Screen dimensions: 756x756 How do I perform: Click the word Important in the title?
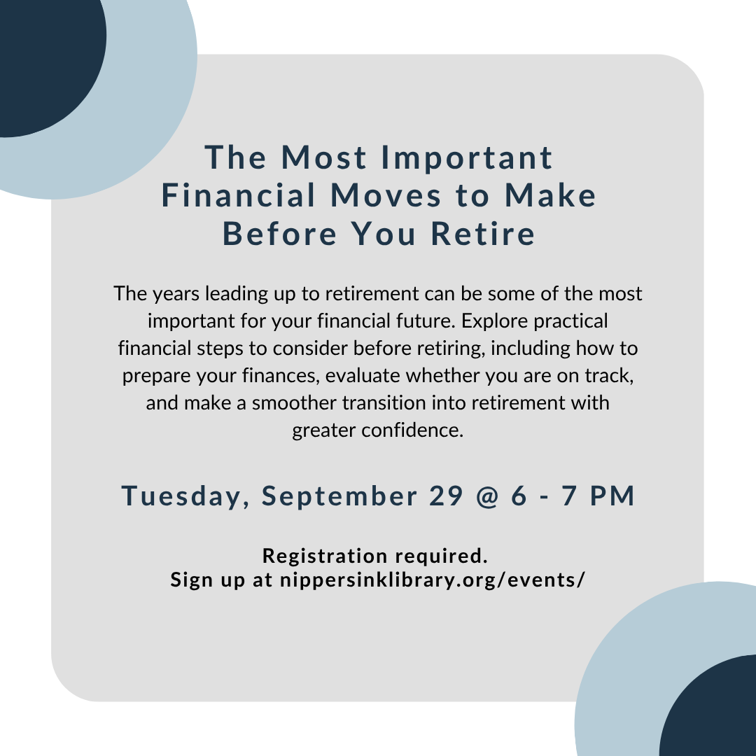pyautogui.click(x=467, y=157)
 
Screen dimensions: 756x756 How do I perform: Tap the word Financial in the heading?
pyautogui.click(x=239, y=195)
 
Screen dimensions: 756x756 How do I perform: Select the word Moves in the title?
pyautogui.click(x=386, y=195)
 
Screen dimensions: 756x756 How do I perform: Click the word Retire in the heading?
pyautogui.click(x=482, y=233)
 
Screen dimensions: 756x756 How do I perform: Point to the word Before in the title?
pyautogui.click(x=279, y=233)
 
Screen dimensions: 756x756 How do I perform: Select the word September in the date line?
pyautogui.click(x=339, y=496)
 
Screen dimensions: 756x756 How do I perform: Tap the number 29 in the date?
pyautogui.click(x=446, y=496)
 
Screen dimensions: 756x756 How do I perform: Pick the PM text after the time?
pyautogui.click(x=612, y=496)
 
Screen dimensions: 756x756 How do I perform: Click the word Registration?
pyautogui.click(x=325, y=556)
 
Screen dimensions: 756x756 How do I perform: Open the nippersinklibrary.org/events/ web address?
pyautogui.click(x=433, y=580)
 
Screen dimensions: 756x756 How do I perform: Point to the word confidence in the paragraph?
pyautogui.click(x=412, y=430)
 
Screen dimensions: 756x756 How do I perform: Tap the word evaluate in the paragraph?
pyautogui.click(x=363, y=376)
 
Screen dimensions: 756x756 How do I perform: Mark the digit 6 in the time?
pyautogui.click(x=519, y=496)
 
